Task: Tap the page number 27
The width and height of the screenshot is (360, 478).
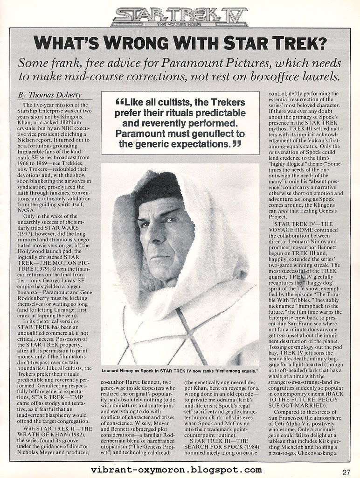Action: click(346, 471)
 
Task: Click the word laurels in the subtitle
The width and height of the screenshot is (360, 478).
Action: click(318, 76)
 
